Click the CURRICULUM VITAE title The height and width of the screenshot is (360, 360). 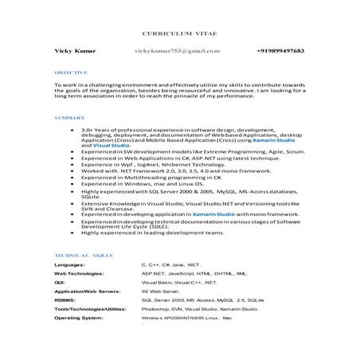pyautogui.click(x=180, y=35)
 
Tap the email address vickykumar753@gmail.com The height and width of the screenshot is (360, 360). pyautogui.click(x=178, y=50)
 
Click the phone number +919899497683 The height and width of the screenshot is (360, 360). pyautogui.click(x=280, y=50)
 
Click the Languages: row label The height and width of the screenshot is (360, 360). pyautogui.click(x=70, y=264)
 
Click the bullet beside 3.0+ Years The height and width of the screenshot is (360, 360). pyautogui.click(x=72, y=129)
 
